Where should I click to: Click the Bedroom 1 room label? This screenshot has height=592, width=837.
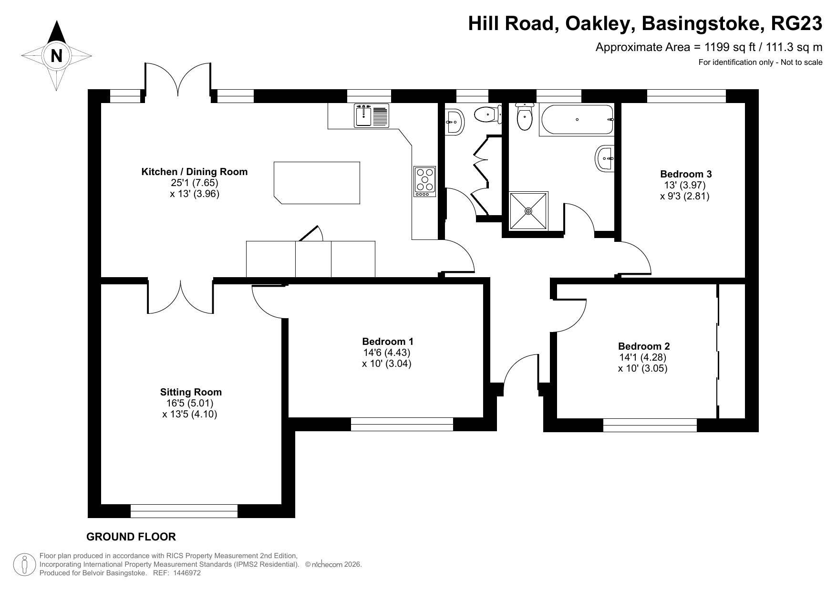[387, 342]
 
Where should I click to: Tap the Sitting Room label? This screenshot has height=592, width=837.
[191, 392]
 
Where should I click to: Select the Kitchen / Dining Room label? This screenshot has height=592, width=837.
[194, 172]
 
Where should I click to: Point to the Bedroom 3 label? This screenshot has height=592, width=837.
[685, 174]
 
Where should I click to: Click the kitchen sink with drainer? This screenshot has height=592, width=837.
[372, 116]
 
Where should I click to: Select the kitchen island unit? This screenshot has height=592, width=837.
[317, 183]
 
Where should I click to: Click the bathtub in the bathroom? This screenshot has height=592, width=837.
[576, 120]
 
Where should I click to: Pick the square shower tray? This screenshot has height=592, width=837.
[528, 210]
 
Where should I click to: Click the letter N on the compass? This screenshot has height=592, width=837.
[56, 56]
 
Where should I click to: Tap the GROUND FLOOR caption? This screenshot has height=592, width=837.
[131, 537]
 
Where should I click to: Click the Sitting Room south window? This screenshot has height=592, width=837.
[184, 511]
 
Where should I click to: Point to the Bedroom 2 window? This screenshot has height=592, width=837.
[650, 425]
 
